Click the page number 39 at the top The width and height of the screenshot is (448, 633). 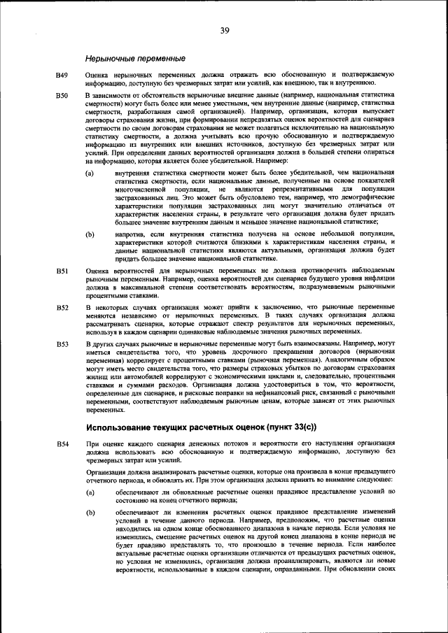(224, 30)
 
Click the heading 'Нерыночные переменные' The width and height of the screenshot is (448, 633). (135, 57)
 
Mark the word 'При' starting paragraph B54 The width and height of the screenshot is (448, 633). (91, 444)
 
